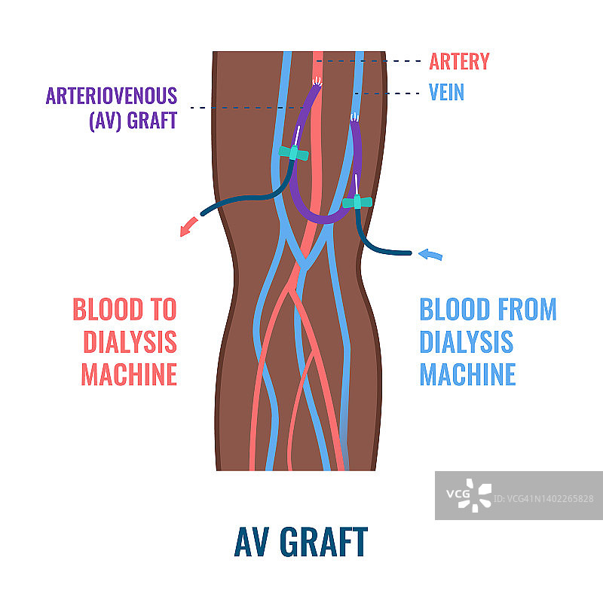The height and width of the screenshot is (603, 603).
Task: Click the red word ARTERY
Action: tap(459, 61)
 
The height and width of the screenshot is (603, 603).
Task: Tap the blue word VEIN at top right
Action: tap(446, 93)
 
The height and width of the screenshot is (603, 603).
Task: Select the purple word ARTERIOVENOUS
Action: tap(112, 96)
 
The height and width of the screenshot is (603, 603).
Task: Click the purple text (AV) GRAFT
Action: tap(133, 120)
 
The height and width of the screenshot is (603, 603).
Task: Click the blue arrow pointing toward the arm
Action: tap(430, 254)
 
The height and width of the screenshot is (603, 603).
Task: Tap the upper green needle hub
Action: tap(294, 154)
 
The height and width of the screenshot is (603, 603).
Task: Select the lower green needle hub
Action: tap(357, 202)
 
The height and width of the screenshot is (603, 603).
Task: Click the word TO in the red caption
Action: tap(158, 309)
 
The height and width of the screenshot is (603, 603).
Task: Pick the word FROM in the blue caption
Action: tap(519, 309)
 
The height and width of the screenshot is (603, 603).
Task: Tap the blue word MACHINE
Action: tap(467, 374)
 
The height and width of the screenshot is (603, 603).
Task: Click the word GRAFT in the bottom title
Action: tap(323, 541)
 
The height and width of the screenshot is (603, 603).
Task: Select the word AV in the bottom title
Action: tap(253, 541)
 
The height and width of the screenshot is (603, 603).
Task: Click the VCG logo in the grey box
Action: tap(468, 494)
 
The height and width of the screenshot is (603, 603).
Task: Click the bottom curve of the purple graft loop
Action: tap(322, 219)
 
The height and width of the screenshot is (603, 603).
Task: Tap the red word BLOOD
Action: tap(106, 309)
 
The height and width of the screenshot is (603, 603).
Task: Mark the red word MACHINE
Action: tap(129, 374)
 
